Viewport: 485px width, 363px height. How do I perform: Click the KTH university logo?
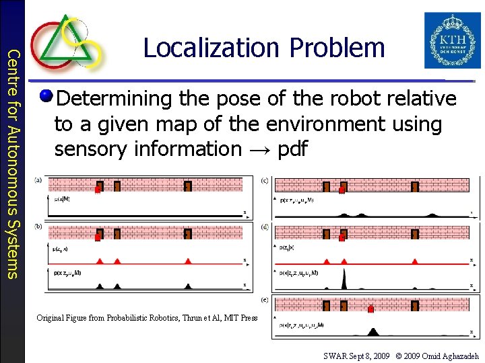pos(453,40)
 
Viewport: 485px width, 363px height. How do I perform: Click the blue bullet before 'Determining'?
pos(46,97)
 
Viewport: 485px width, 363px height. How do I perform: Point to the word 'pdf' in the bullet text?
pos(292,149)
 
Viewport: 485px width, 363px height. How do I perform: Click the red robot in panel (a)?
pos(98,190)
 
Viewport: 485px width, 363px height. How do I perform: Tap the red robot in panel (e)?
pos(370,310)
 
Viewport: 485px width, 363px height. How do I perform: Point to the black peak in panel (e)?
pos(373,331)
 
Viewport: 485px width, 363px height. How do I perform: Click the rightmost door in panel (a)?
pos(188,186)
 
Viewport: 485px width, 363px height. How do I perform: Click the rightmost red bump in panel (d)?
pos(414,259)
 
